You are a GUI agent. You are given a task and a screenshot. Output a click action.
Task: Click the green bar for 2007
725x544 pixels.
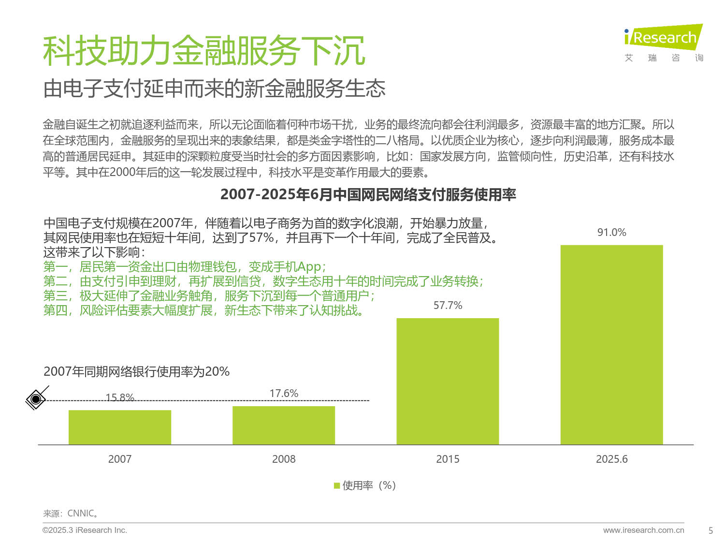tap(120, 427)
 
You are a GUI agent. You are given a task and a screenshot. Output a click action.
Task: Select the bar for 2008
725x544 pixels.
tap(284, 425)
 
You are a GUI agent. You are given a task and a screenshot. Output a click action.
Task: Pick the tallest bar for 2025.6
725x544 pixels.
tap(611, 344)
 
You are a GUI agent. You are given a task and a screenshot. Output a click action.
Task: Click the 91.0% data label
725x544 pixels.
tap(611, 233)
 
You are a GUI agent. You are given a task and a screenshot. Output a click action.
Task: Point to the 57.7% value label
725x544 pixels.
tap(448, 306)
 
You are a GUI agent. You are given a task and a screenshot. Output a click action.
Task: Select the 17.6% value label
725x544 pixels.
tap(284, 394)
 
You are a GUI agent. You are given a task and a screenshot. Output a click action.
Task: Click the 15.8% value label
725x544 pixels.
tap(120, 397)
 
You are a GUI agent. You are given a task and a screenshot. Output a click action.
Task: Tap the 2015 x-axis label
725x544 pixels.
tap(448, 459)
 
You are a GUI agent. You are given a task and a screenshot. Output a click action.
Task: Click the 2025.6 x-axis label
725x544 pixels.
tap(611, 459)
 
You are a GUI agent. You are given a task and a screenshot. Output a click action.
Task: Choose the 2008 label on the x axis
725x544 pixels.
tap(284, 459)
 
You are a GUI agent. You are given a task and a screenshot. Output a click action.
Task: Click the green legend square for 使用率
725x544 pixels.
tap(337, 485)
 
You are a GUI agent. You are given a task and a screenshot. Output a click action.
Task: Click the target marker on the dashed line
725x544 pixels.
tap(36, 399)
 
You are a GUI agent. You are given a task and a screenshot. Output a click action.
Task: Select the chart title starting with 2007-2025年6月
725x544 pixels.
tap(368, 194)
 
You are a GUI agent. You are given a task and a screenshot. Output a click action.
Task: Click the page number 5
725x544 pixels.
tap(710, 530)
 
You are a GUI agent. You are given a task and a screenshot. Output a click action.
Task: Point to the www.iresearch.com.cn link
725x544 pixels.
tap(643, 530)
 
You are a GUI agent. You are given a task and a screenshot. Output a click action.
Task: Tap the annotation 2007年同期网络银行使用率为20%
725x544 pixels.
tap(136, 371)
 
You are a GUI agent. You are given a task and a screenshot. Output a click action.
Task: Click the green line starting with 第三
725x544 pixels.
tap(209, 295)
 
